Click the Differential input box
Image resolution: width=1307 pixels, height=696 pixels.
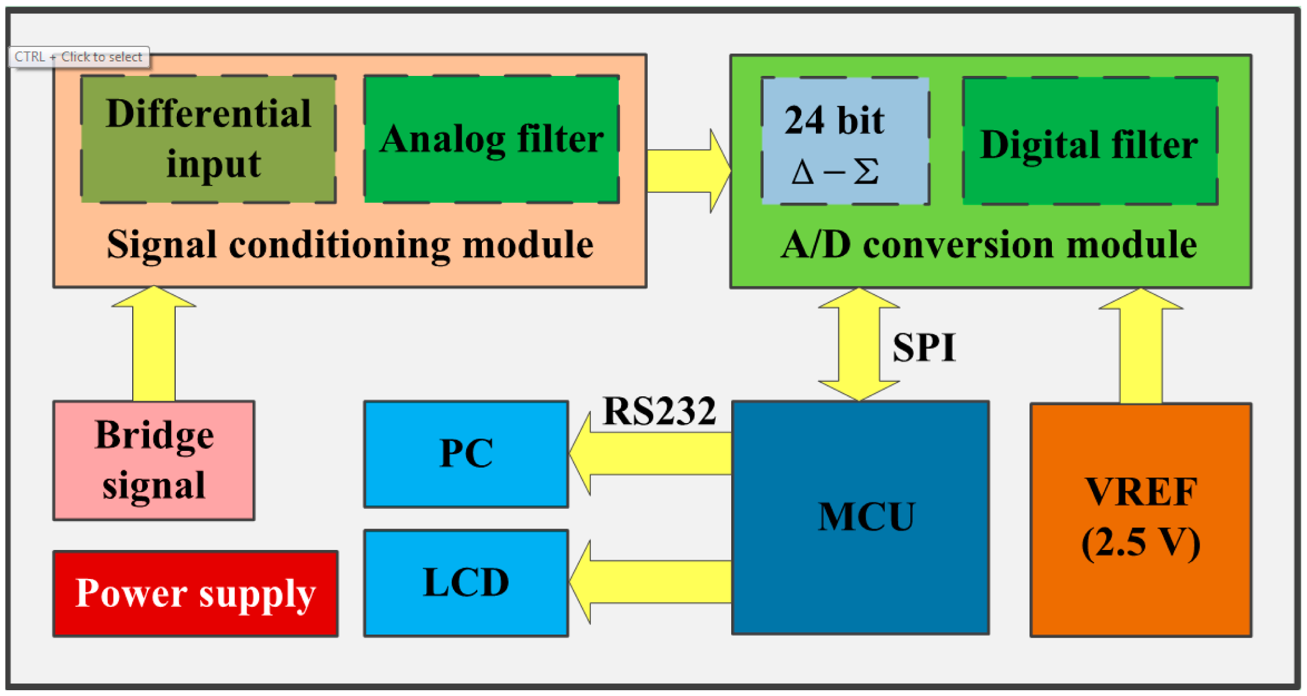[208, 139]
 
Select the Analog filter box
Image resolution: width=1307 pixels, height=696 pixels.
[491, 139]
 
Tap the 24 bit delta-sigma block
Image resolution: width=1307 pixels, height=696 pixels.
[845, 141]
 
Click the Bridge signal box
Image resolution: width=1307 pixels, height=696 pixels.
[154, 460]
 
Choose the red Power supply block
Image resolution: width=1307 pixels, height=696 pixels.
[195, 593]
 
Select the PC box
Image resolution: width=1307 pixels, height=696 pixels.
[466, 454]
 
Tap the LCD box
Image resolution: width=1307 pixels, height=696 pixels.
[466, 582]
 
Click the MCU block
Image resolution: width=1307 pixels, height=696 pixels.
[860, 518]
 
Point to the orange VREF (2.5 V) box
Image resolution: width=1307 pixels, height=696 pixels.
[1141, 520]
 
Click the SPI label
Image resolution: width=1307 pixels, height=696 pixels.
[924, 348]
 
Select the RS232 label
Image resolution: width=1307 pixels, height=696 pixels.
[659, 411]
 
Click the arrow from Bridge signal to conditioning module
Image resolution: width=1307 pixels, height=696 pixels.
[154, 348]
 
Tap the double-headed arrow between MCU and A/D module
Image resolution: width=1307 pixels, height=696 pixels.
[859, 345]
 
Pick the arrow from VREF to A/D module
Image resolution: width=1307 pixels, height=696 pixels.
[1141, 348]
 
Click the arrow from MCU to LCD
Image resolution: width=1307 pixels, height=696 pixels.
[649, 582]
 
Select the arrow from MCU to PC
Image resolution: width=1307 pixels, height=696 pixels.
[649, 454]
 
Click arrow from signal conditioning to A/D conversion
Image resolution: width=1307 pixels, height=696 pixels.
[687, 171]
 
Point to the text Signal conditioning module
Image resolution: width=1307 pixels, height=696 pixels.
[350, 245]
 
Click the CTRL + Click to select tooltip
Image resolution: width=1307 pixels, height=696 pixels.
[78, 57]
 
